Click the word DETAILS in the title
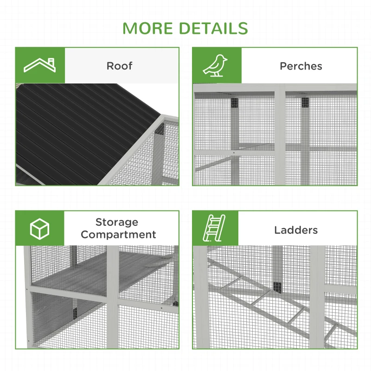214,28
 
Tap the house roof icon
40,66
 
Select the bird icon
217,65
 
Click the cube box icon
39,229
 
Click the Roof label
119,66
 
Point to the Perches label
301,66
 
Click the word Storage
117,223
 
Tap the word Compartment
118,235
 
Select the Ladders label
296,230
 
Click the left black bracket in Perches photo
234,102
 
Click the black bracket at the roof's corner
160,129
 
